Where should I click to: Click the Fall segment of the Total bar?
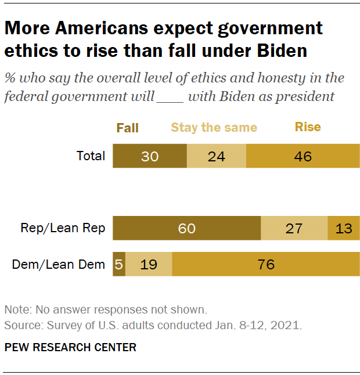pos(149,156)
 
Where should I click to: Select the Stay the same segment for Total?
pos(216,156)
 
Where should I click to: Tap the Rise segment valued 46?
pos(303,156)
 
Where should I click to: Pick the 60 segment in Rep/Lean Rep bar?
pos(186,228)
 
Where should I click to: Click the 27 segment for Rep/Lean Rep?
pos(294,228)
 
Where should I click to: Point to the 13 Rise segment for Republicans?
pos(344,228)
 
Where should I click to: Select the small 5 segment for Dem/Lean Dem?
pos(119,265)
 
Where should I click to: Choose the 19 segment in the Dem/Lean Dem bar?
pos(149,265)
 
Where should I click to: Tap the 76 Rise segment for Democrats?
pos(265,265)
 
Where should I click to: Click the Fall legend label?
pos(127,128)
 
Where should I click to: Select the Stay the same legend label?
pos(214,128)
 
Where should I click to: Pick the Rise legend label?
pos(308,127)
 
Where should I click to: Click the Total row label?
pos(91,156)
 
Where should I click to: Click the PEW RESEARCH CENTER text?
pos(70,348)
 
